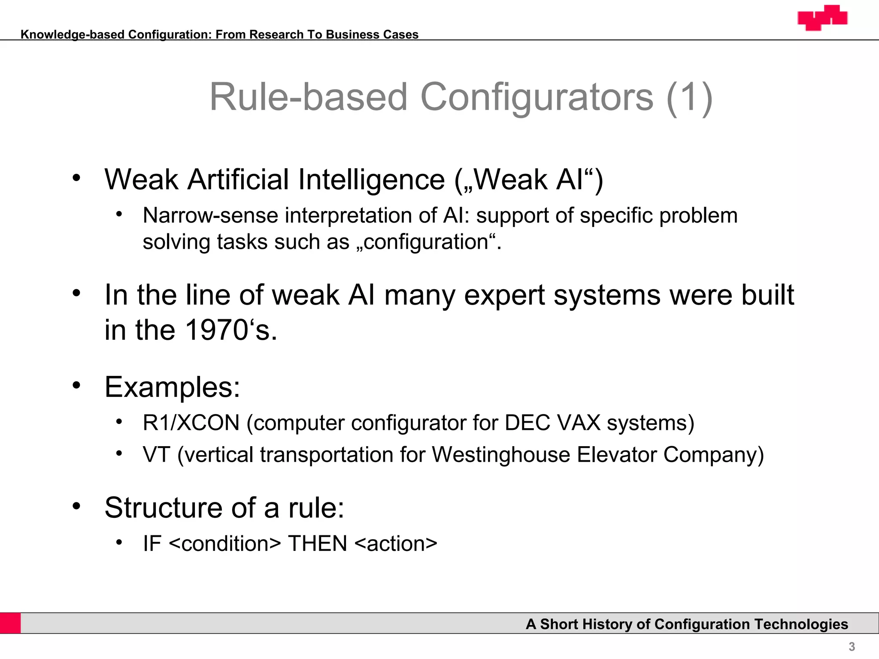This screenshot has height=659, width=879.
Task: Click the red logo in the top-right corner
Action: pos(822,18)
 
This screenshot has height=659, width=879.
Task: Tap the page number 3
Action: pos(852,647)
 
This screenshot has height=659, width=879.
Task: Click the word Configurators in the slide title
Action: pos(536,97)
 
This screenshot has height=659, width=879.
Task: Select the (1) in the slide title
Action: pos(690,97)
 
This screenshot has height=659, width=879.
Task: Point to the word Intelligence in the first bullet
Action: pos(371,179)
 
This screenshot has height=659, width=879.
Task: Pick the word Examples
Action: pos(172,387)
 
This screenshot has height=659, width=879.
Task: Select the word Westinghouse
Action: pos(500,455)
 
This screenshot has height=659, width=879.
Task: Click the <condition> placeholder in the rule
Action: pos(225,544)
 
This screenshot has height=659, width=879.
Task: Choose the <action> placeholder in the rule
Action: pos(396,544)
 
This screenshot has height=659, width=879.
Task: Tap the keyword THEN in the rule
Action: pos(317,544)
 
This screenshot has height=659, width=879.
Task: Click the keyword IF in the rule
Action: pos(152,544)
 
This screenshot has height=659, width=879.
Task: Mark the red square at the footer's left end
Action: pos(10,623)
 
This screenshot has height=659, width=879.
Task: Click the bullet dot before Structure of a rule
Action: pos(76,506)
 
